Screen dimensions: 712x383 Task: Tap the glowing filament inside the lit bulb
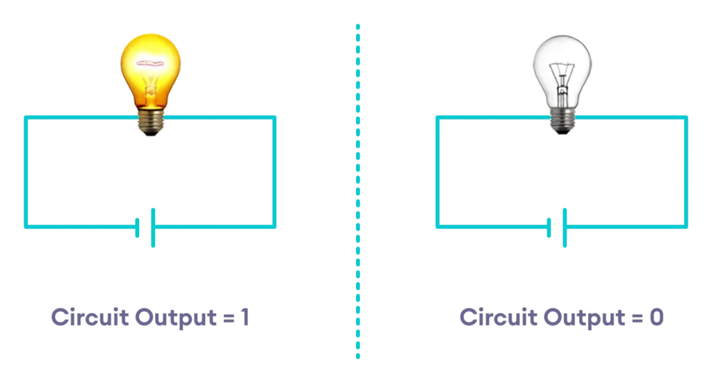(150, 63)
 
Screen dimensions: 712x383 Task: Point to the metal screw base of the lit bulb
(151, 122)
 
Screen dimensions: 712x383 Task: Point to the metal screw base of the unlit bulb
(563, 121)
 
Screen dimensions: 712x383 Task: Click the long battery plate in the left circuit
(153, 228)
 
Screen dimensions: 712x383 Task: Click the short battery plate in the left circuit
(137, 228)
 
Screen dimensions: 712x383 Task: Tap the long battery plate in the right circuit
(565, 228)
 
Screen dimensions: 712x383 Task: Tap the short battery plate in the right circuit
(549, 228)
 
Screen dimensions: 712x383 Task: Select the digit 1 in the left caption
(245, 317)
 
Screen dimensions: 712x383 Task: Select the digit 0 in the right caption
(656, 317)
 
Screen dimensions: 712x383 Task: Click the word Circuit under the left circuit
(90, 317)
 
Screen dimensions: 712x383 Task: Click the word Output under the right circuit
(584, 318)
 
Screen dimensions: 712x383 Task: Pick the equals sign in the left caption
(229, 318)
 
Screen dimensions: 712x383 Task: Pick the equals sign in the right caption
(638, 318)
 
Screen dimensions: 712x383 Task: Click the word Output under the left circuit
(176, 318)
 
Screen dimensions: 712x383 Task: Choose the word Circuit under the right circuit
(499, 317)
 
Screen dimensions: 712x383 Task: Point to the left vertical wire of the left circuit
(26, 172)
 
